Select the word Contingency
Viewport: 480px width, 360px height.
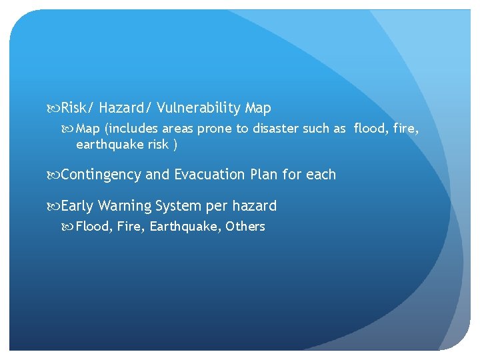coord(101,175)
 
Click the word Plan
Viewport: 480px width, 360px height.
coord(264,175)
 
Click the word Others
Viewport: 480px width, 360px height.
coord(245,227)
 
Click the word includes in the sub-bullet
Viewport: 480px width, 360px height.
coord(135,129)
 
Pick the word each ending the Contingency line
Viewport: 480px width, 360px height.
coord(321,175)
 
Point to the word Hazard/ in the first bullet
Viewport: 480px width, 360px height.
coord(125,108)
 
